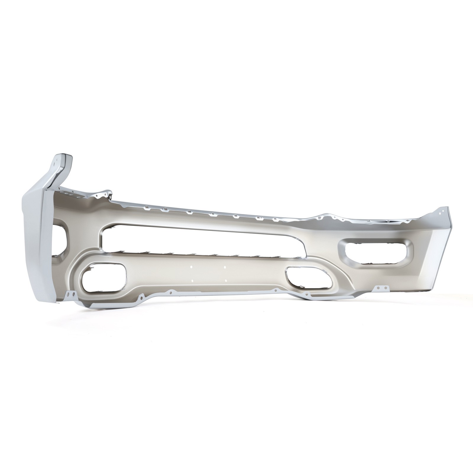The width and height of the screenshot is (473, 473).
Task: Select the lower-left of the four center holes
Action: click(192, 272)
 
